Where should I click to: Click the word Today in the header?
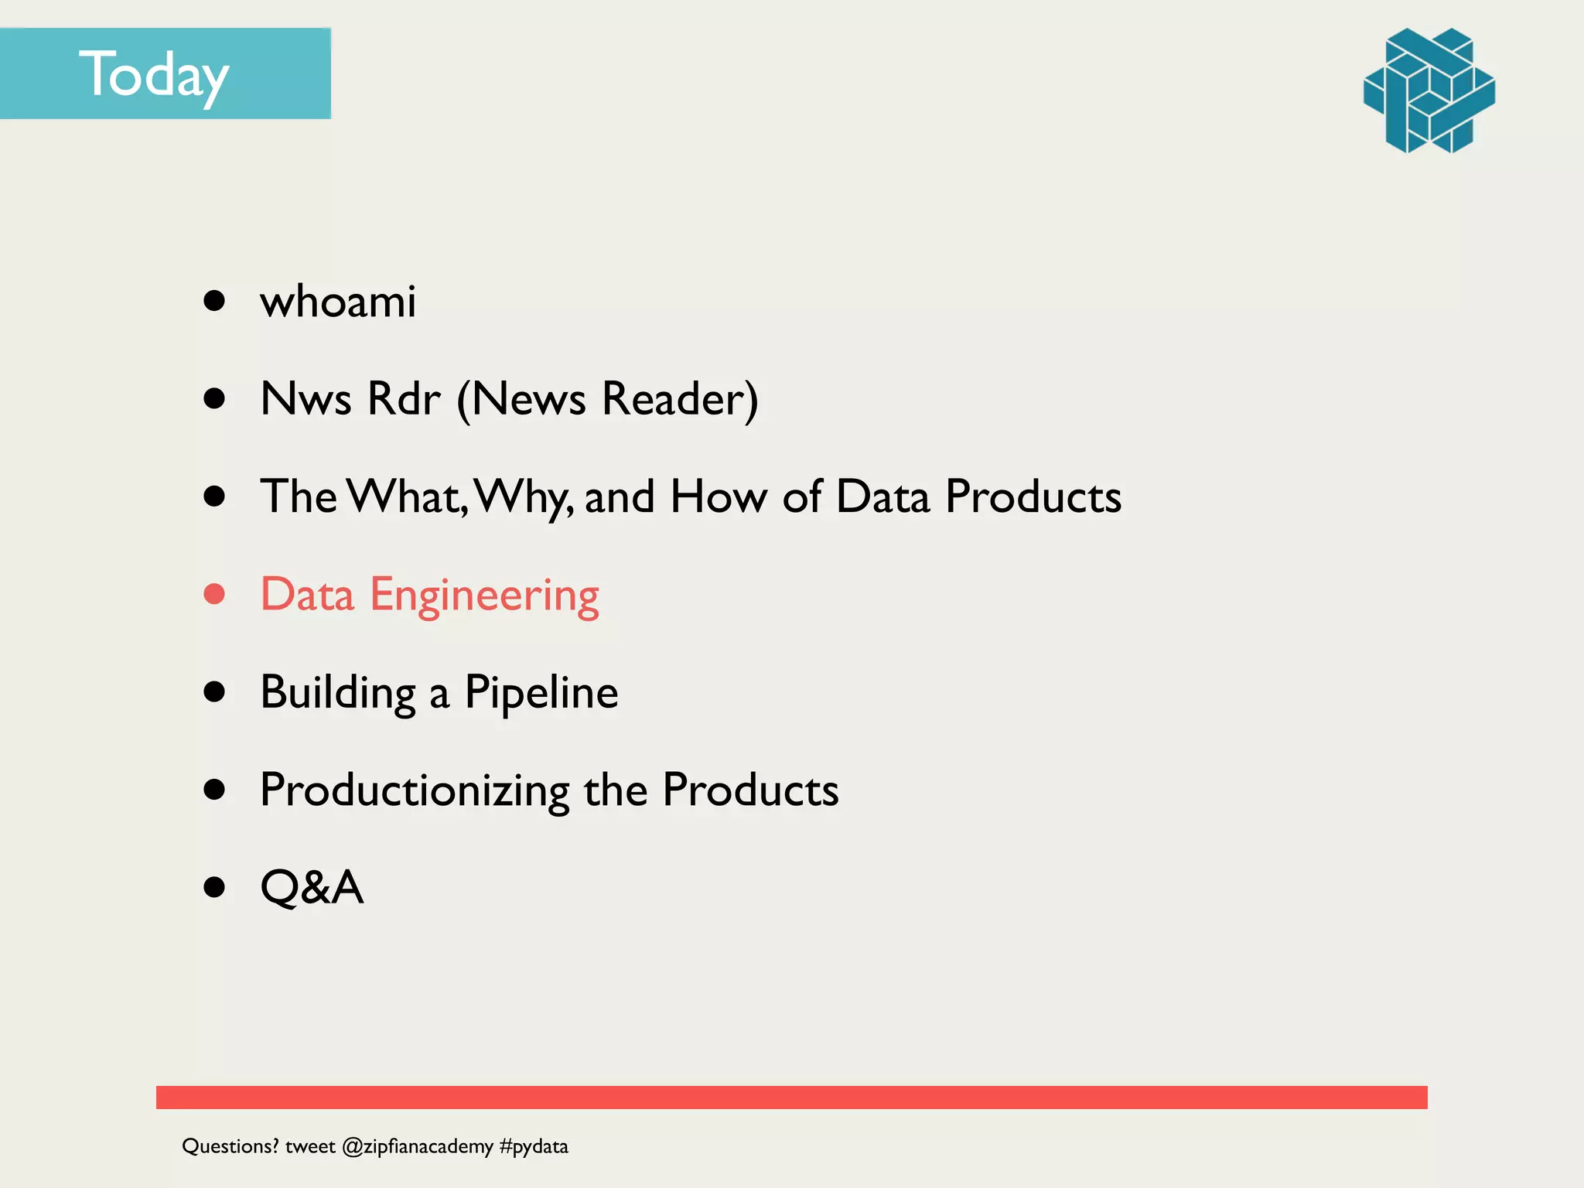coord(154,75)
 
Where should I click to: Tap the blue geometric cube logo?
coord(1429,90)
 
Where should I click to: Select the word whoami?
coord(338,301)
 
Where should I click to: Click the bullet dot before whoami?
coord(214,301)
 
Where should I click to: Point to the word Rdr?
coord(403,399)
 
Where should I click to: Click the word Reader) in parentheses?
coord(679,399)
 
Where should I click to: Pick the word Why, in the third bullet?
coord(524,497)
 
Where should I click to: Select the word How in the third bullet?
coord(719,497)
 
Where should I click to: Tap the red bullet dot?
coord(214,594)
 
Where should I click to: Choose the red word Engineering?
coord(484,596)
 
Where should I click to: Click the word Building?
coord(338,693)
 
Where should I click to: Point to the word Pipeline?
coord(541,693)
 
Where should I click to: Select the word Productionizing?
coord(415,790)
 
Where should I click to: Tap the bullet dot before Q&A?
coord(214,887)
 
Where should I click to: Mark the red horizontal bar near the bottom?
coord(791,1097)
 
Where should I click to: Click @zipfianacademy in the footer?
coord(417,1146)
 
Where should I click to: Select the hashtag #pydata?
coord(534,1146)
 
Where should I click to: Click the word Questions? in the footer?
coord(230,1146)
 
